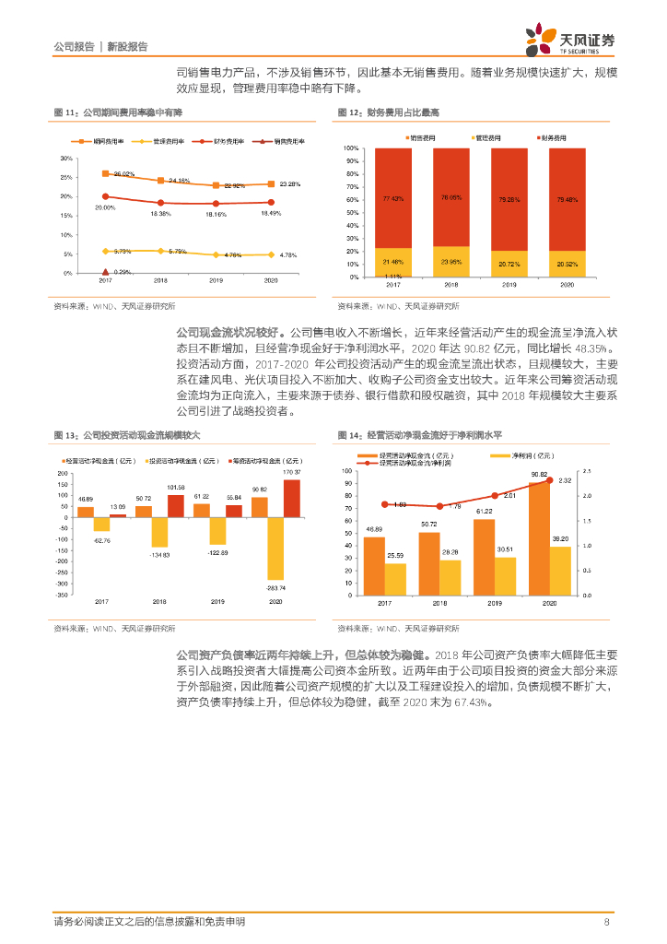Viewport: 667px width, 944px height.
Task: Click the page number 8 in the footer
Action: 606,922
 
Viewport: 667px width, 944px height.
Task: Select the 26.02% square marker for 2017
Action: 106,173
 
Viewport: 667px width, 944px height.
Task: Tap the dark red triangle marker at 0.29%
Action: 106,272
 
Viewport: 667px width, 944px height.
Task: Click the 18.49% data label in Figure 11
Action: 271,213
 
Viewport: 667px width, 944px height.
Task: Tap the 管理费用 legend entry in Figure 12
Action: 484,136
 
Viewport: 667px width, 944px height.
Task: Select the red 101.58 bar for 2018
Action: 175,505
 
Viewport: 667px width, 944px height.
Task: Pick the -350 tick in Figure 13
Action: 62,595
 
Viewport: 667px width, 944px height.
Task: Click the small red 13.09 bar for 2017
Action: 118,515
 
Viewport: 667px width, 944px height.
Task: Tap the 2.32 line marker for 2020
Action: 550,480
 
